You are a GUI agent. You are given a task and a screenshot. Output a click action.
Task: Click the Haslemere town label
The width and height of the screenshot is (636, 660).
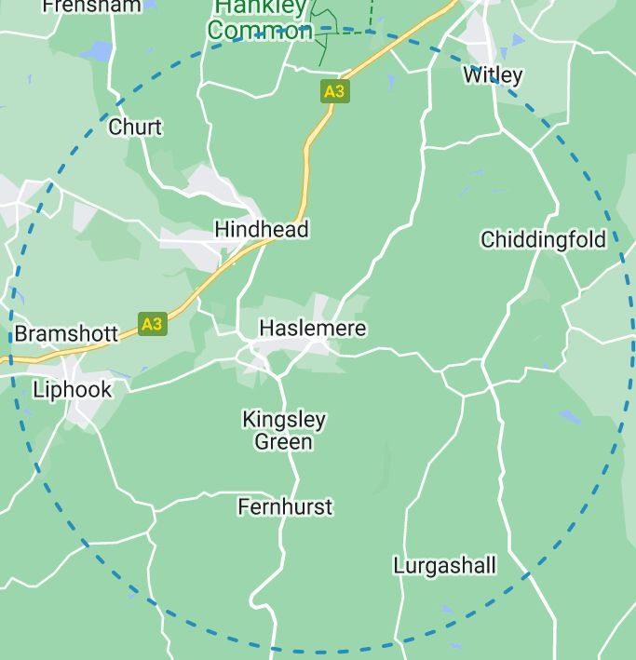click(312, 329)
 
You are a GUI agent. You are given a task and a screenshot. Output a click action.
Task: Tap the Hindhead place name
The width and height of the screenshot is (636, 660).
click(261, 229)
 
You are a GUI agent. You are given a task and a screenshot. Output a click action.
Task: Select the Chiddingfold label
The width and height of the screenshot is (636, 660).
click(543, 240)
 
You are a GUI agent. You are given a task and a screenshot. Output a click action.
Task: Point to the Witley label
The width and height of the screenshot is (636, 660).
click(493, 75)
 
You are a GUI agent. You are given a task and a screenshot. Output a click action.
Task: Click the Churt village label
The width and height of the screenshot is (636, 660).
click(135, 127)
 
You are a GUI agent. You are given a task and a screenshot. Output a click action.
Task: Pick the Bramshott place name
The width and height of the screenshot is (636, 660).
click(66, 333)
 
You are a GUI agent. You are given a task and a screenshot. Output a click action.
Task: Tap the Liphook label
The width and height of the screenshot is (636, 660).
click(72, 389)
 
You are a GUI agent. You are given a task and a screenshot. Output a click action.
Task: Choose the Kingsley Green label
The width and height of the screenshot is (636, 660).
click(284, 430)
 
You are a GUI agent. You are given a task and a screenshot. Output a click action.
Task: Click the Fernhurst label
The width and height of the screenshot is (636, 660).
click(285, 507)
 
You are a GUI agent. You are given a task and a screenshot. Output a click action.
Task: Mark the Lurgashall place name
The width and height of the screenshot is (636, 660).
click(444, 565)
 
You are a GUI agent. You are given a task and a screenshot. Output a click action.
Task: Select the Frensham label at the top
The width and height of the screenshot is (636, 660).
click(91, 6)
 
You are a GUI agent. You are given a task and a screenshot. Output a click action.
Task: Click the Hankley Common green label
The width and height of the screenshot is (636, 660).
click(259, 20)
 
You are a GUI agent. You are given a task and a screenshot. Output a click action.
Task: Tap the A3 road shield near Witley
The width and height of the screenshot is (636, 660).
click(334, 91)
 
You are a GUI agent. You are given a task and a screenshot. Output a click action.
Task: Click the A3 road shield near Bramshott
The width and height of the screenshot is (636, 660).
click(152, 324)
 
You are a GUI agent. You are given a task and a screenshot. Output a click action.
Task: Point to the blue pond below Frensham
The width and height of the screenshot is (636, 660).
click(96, 50)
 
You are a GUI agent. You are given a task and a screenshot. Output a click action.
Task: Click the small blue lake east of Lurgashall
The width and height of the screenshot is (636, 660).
click(570, 417)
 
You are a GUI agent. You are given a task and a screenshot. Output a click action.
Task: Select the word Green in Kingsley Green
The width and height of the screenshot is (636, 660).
click(284, 441)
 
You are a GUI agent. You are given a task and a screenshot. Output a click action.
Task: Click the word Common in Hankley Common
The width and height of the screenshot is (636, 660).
click(259, 31)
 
